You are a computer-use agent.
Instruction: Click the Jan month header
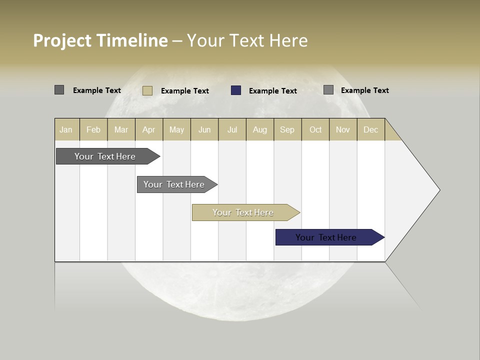66,129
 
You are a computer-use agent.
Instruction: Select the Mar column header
121,129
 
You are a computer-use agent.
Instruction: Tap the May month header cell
176,129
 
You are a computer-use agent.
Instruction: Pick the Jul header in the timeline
232,129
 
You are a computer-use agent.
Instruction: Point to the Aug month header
260,129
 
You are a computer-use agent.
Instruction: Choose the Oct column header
315,129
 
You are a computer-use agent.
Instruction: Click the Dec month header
370,129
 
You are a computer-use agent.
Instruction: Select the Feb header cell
93,129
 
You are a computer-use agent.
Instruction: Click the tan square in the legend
147,90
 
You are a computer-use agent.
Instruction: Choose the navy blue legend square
236,90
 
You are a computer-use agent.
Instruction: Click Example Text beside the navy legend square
272,91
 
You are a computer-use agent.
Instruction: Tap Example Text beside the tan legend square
184,91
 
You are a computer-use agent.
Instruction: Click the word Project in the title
62,40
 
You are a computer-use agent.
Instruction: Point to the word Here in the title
288,40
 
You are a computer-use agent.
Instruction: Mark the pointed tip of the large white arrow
439,190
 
